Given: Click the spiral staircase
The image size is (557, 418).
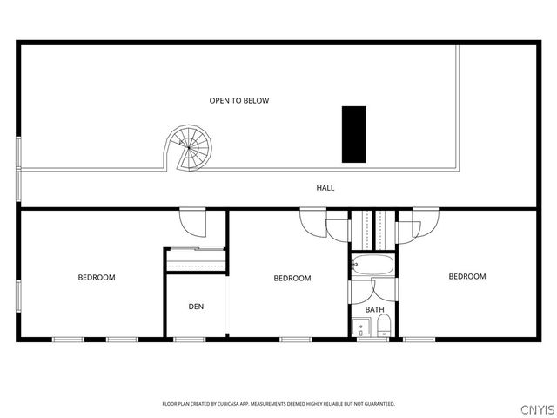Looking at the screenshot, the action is click(x=189, y=147).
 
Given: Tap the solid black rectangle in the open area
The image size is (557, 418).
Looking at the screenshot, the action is click(x=354, y=134).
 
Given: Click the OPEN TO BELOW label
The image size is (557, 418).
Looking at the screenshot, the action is click(x=239, y=101).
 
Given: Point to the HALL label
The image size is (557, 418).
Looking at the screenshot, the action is click(x=325, y=188).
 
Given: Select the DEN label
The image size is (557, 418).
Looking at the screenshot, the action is click(x=196, y=307).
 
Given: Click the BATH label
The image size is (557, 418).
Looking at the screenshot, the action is click(x=375, y=310).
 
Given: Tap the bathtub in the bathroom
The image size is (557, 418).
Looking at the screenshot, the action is click(x=373, y=265).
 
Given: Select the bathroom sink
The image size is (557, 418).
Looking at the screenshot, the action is click(x=361, y=327).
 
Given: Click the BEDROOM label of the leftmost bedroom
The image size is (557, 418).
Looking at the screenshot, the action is click(x=97, y=277).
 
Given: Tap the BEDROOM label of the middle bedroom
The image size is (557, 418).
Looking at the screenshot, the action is click(x=292, y=278).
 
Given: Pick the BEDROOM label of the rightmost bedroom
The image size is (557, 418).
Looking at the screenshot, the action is click(x=467, y=276).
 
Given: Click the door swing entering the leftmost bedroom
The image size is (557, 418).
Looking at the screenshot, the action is click(x=193, y=222).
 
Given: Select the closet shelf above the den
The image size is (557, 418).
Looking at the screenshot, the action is click(x=196, y=260).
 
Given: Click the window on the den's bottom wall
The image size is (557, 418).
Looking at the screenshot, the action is click(x=190, y=340).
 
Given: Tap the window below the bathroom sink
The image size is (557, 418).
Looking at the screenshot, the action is click(x=373, y=340).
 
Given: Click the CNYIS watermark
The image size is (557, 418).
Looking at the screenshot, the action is click(x=538, y=409).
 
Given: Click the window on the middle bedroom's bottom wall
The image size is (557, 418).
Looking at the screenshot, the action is click(x=296, y=340).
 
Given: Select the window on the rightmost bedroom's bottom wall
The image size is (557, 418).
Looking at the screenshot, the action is click(x=419, y=340).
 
